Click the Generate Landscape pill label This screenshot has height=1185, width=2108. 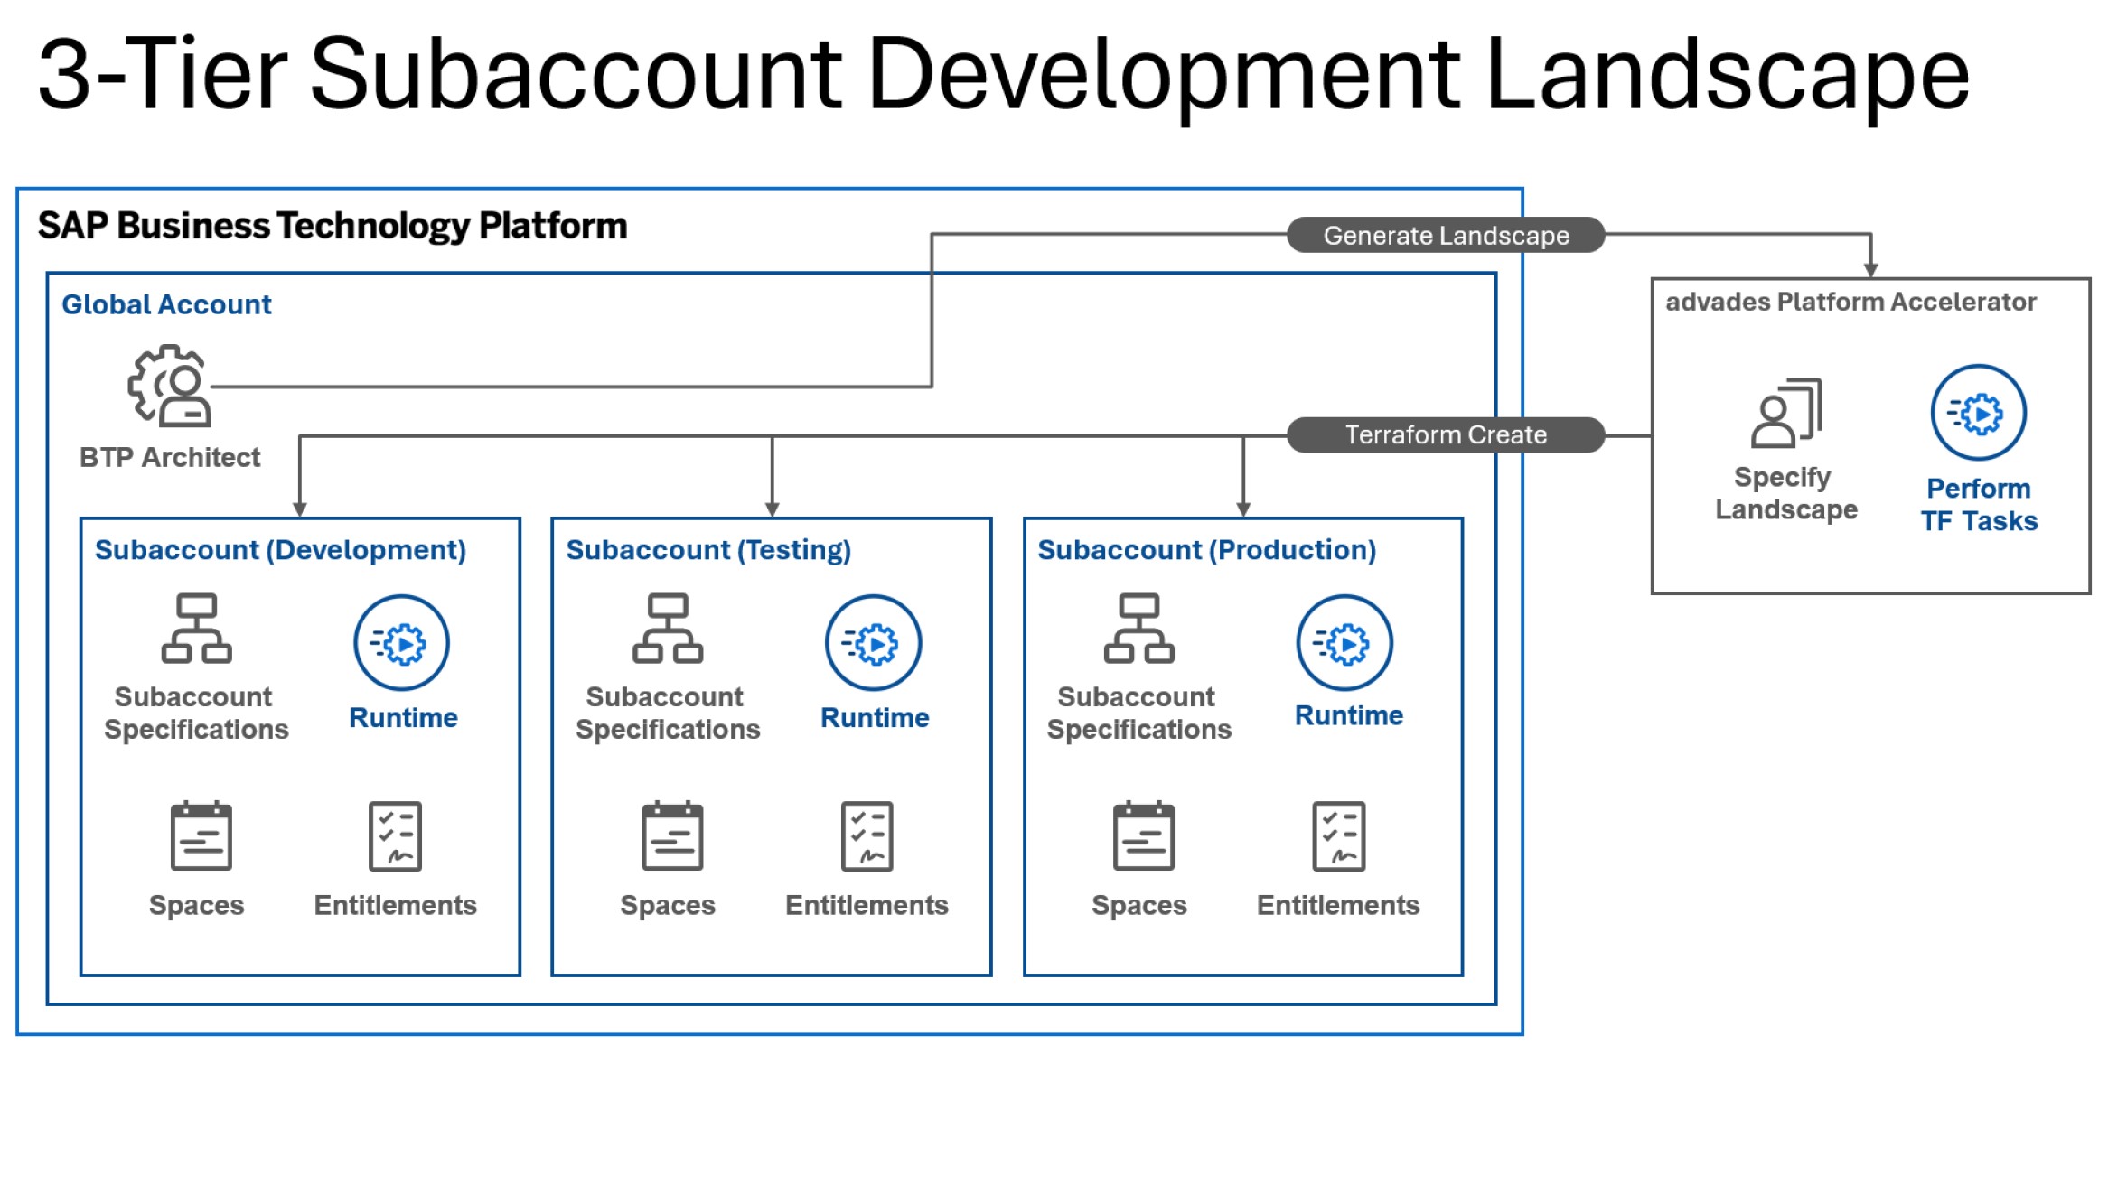[x=1445, y=236]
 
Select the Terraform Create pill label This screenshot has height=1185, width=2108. [x=1445, y=435]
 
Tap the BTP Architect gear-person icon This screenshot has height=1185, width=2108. [x=171, y=386]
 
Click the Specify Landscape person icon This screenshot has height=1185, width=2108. [x=1785, y=413]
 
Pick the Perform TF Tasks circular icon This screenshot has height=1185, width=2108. [x=1978, y=414]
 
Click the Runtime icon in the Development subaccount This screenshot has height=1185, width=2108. [x=401, y=643]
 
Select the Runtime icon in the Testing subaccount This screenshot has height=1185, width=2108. [x=873, y=643]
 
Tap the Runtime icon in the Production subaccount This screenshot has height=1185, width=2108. [x=1344, y=643]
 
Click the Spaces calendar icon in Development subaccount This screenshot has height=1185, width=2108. [x=201, y=835]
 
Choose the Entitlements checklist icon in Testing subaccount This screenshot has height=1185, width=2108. [x=867, y=835]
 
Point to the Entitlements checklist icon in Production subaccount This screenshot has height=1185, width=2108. [x=1338, y=835]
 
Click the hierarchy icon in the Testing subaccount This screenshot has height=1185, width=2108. [x=668, y=629]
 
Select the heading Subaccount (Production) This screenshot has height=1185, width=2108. [x=1206, y=550]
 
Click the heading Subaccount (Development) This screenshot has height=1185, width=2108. [x=280, y=550]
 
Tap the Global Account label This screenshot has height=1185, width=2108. [x=166, y=305]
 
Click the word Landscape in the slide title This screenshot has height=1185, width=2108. [x=1726, y=76]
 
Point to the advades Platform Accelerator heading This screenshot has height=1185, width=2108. [x=1850, y=302]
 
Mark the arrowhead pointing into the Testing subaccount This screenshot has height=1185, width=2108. [x=772, y=509]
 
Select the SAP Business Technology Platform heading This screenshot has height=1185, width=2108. [x=333, y=226]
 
